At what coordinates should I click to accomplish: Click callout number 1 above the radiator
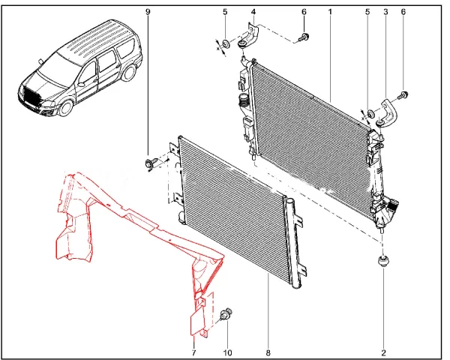328,13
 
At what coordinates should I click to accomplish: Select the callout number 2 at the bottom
383,351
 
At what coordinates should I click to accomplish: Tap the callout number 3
385,13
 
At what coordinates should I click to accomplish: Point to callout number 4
253,13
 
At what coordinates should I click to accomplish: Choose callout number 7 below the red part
193,351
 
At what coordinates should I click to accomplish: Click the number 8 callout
267,351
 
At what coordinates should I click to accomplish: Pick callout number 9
148,13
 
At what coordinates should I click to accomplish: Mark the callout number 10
229,351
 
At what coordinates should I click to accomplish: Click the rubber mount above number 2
384,262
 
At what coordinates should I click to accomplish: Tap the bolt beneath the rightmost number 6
405,94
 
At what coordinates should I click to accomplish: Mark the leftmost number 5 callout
224,13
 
